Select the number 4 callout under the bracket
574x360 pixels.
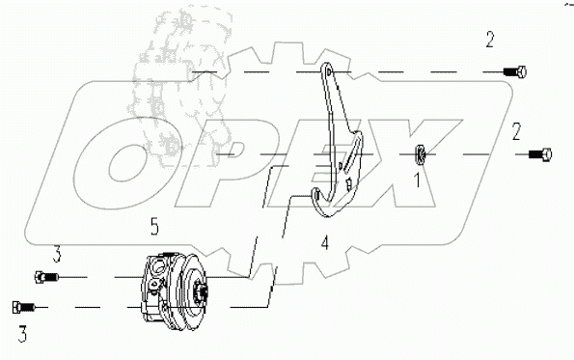click(x=325, y=244)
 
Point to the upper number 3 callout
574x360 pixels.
click(x=57, y=254)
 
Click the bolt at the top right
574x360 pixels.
click(x=515, y=72)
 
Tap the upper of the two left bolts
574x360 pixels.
click(x=45, y=277)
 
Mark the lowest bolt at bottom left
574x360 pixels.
click(x=23, y=307)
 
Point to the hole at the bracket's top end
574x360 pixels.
click(x=328, y=73)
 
